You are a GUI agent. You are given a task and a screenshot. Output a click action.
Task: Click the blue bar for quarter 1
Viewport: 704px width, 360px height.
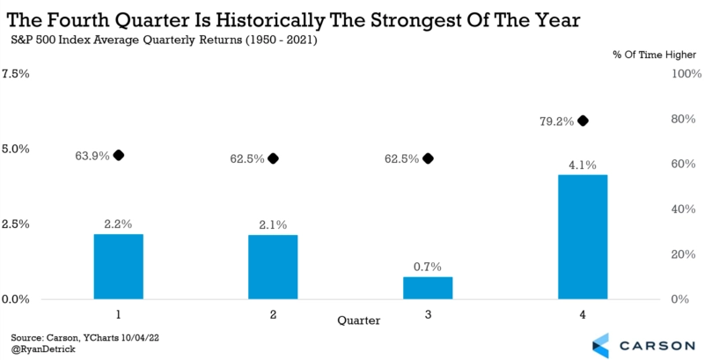pos(118,266)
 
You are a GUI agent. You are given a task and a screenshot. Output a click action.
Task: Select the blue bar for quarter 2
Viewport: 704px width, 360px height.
pos(273,267)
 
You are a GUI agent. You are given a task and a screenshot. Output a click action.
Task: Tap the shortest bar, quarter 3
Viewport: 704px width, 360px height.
pos(428,288)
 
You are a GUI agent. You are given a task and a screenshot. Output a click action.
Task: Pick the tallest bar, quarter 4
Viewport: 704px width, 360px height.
pos(582,237)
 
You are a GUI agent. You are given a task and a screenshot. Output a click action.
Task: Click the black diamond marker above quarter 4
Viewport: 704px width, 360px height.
pos(583,121)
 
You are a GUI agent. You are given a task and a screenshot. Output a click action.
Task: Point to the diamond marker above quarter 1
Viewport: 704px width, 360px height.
pos(119,156)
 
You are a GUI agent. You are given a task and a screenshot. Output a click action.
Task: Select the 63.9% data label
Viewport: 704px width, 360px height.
pos(92,156)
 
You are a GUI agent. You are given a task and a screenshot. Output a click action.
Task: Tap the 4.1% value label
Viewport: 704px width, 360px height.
pos(582,164)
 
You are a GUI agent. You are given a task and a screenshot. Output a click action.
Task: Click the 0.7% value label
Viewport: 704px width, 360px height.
pos(428,266)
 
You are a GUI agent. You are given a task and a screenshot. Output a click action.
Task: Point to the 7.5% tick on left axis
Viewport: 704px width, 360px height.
pos(17,74)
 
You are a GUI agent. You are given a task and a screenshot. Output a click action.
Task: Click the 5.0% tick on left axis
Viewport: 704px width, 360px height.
pos(17,149)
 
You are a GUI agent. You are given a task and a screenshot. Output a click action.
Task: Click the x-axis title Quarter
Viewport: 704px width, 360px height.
pos(359,321)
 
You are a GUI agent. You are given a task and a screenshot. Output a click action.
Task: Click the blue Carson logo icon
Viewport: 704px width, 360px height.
pos(604,344)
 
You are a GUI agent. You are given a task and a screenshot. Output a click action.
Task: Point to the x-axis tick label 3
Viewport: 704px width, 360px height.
pos(428,313)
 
